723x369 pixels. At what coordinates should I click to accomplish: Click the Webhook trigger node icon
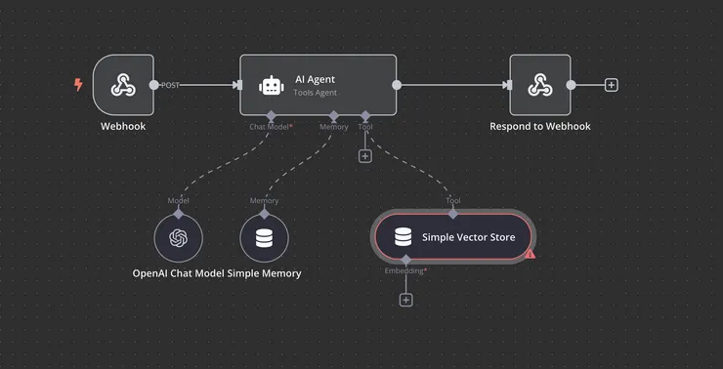(x=123, y=85)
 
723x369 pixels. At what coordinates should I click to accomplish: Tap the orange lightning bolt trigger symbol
(x=79, y=85)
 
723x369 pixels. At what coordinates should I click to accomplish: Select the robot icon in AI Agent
(x=272, y=86)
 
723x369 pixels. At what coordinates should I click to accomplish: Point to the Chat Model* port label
(x=271, y=126)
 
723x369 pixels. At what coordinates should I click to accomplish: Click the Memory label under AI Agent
(x=333, y=126)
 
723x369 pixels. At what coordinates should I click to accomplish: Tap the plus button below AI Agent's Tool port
(x=365, y=155)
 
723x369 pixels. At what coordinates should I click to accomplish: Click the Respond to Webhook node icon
(x=539, y=85)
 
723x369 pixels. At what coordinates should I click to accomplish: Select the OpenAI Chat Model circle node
(x=178, y=238)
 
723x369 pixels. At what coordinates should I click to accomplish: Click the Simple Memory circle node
(x=264, y=238)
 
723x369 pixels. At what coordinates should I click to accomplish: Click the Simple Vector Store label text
(x=468, y=237)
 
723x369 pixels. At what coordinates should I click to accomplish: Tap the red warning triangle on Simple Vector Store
(x=531, y=254)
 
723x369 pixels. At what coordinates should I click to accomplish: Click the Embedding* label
(x=405, y=270)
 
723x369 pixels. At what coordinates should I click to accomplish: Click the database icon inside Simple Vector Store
(x=403, y=237)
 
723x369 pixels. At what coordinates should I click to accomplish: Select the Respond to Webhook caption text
(x=539, y=126)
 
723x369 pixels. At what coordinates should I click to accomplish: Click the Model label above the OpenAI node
(x=178, y=201)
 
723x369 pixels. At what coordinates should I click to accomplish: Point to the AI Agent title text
(x=316, y=78)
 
